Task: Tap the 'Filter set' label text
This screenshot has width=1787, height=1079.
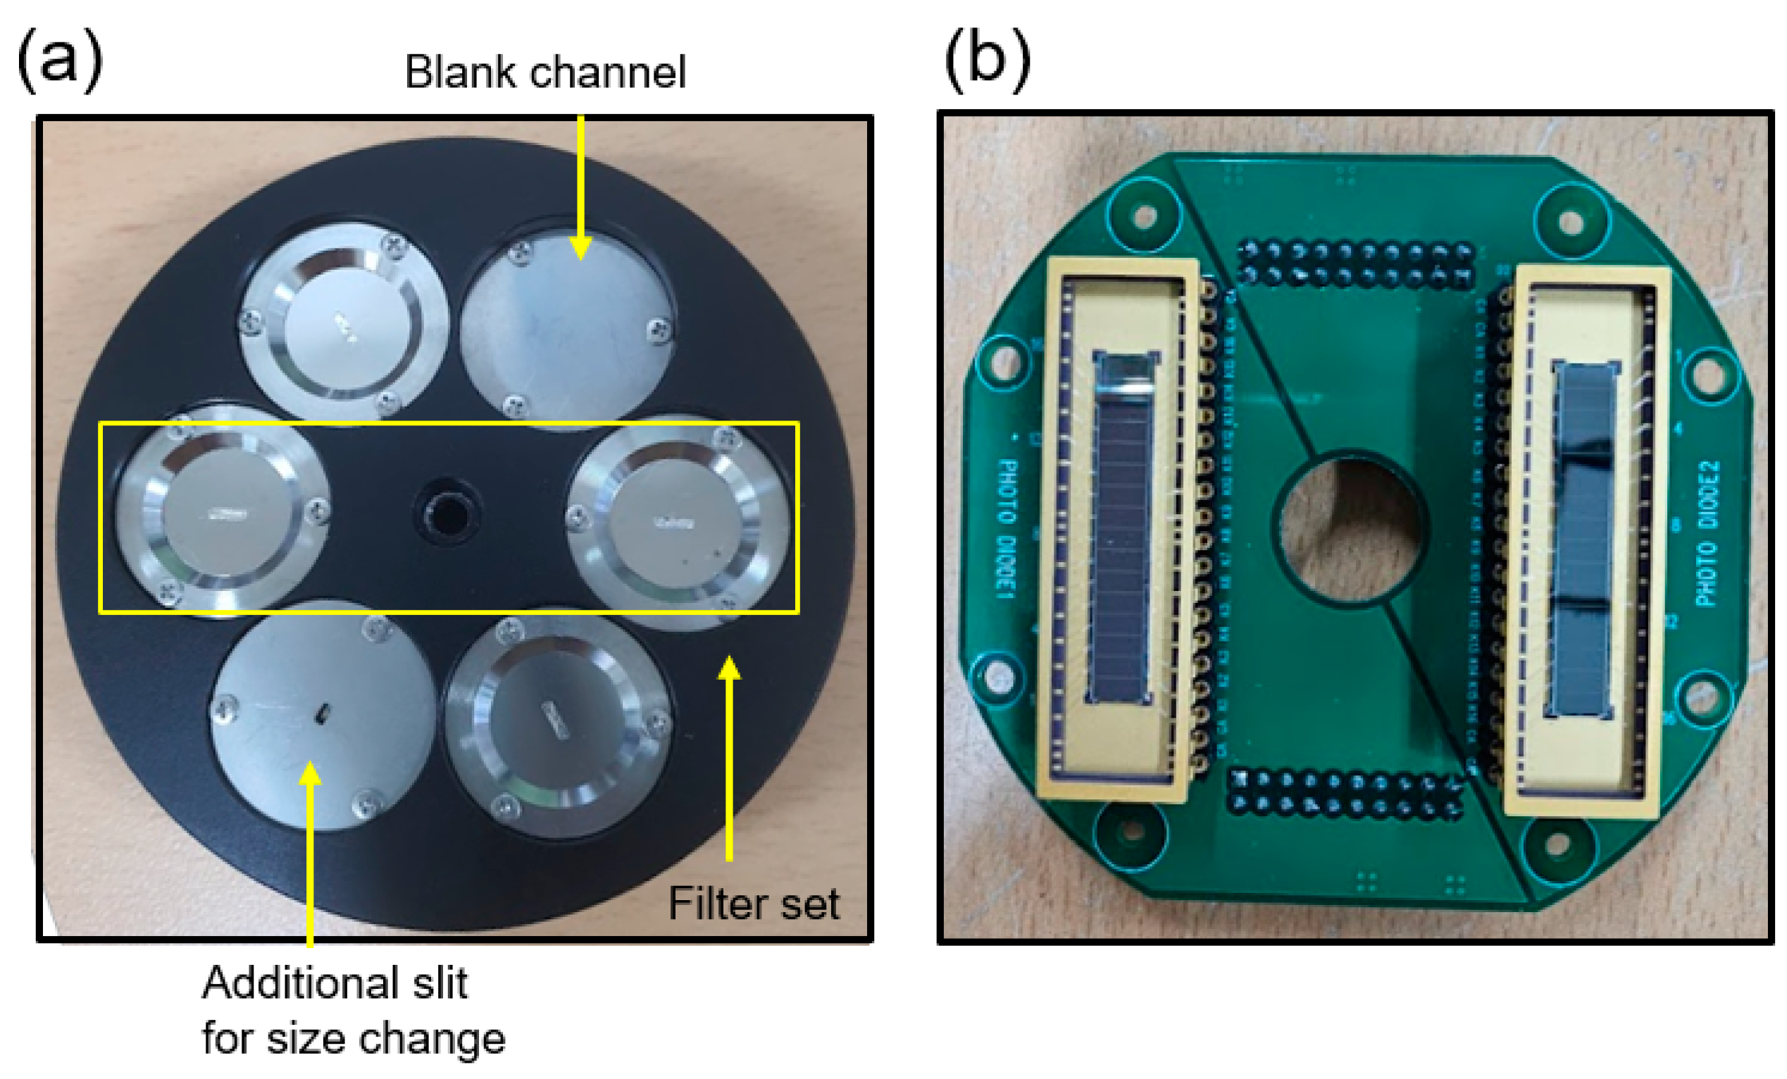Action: pos(753,904)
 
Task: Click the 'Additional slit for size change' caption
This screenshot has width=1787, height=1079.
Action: pos(352,1011)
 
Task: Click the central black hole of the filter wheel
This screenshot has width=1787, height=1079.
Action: pos(447,513)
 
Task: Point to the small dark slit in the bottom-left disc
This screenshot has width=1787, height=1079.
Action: pos(321,713)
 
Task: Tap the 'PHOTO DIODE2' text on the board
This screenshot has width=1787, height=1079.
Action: pos(1707,533)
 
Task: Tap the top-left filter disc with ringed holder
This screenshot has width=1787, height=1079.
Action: pos(344,322)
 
